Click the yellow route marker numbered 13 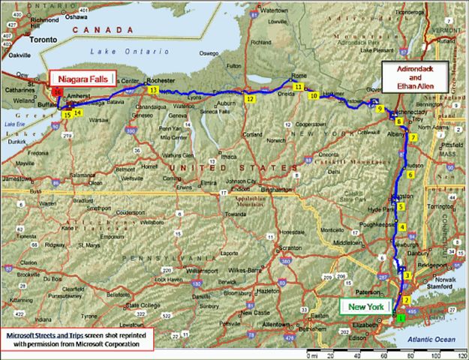(153, 90)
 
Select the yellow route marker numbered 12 (250, 98)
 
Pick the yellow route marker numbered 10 (313, 96)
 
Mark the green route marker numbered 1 (400, 319)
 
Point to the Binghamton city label (278, 190)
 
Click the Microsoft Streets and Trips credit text (75, 339)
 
